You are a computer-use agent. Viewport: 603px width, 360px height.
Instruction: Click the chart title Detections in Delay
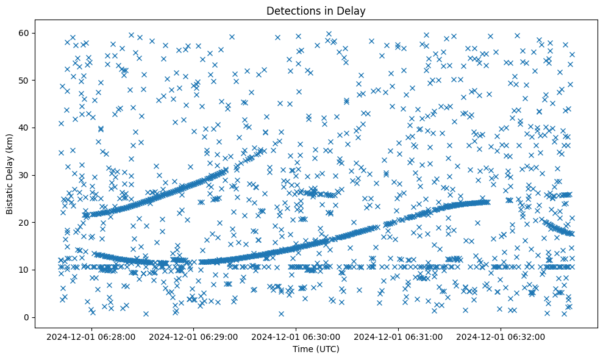point(316,10)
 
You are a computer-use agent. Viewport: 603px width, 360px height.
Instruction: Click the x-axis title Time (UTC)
point(316,349)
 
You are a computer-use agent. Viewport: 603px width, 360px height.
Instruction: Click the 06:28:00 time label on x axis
point(91,336)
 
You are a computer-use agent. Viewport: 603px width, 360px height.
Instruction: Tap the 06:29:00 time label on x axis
point(193,336)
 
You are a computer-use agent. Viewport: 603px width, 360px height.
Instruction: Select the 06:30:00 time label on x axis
point(296,336)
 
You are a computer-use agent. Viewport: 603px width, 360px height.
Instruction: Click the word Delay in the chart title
point(353,10)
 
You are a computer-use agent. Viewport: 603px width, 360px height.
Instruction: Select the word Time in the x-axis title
point(302,349)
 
